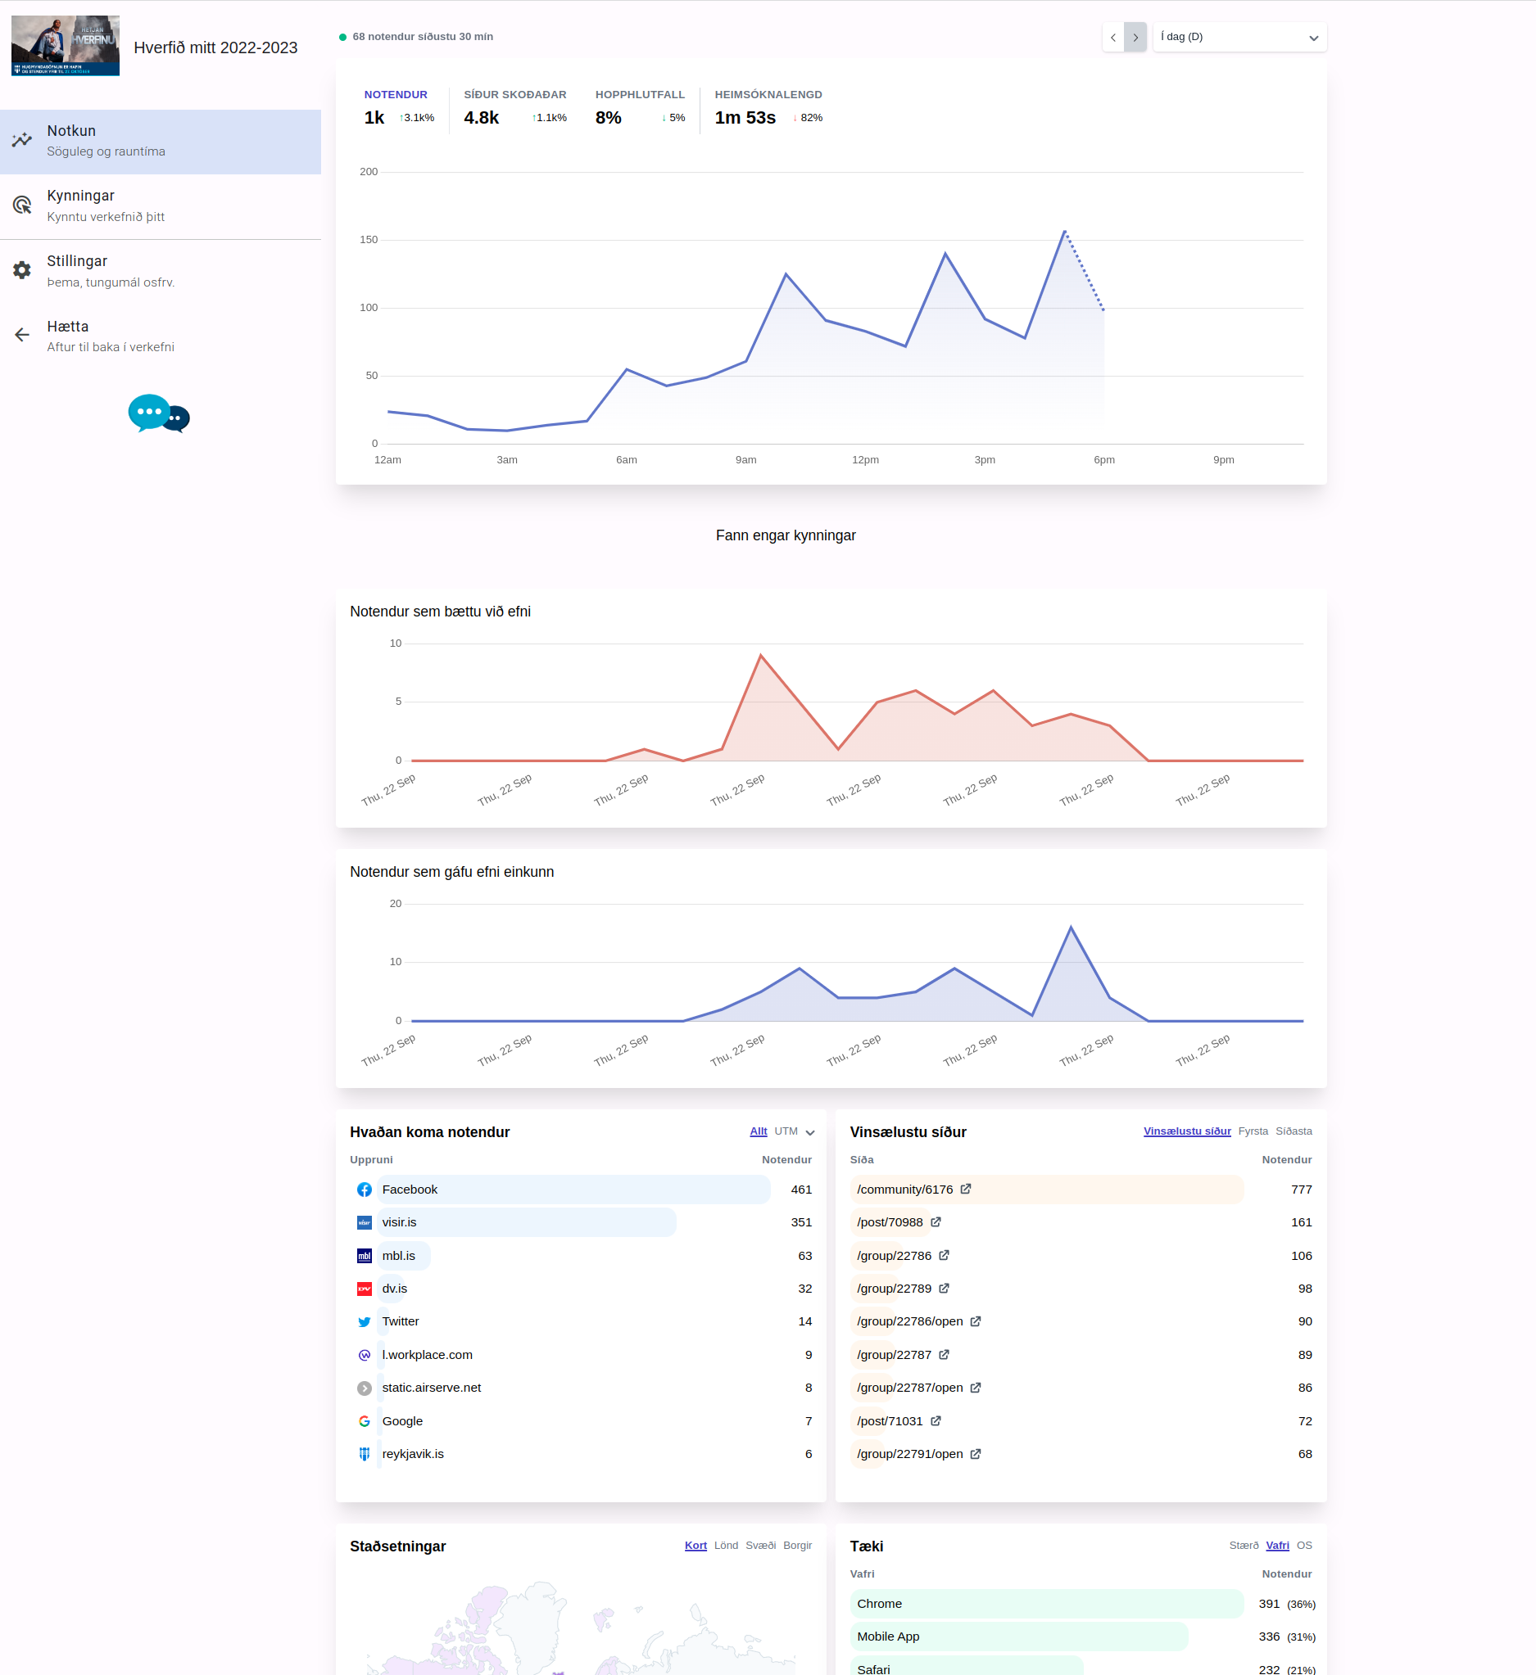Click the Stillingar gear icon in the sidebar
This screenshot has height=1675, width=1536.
[x=22, y=270]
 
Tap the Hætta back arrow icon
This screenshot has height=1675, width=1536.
[x=22, y=335]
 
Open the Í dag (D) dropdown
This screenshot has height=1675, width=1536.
[x=1239, y=38]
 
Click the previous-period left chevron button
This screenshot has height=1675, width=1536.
[x=1113, y=38]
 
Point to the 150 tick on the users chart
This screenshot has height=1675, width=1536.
[x=368, y=240]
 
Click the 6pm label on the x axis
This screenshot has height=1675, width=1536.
[x=1103, y=460]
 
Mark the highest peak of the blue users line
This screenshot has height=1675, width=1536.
[x=1065, y=232]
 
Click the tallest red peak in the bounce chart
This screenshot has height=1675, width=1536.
[x=760, y=657]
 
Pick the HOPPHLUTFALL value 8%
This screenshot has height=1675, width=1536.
[x=609, y=118]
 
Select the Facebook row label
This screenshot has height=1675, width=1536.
[x=410, y=1190]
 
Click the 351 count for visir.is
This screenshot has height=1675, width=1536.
[x=801, y=1222]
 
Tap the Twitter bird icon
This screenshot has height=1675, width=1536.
[x=364, y=1322]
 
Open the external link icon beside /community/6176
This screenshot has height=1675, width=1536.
[x=966, y=1189]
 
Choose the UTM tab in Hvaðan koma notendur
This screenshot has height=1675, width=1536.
[x=786, y=1131]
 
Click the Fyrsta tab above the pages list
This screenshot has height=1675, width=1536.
[x=1253, y=1131]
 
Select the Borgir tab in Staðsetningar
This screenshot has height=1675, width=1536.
[x=797, y=1546]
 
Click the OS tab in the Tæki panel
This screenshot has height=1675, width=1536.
[x=1304, y=1546]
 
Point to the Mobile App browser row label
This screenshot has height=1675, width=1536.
[x=888, y=1637]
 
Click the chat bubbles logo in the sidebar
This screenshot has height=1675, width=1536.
[x=159, y=413]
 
